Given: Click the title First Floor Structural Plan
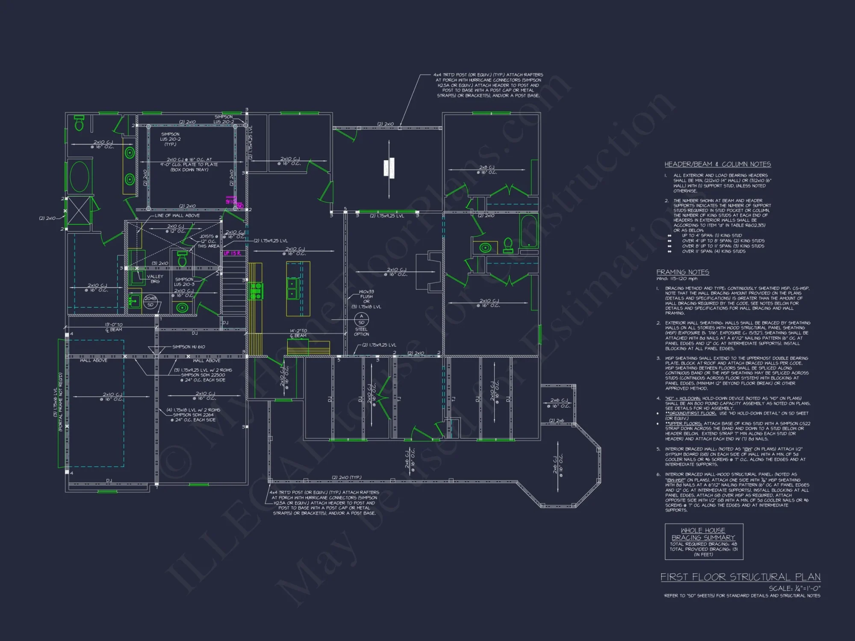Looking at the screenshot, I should click(x=740, y=577).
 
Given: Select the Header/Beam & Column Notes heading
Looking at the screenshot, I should click(x=717, y=164).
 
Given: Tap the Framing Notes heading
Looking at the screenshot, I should click(x=683, y=272).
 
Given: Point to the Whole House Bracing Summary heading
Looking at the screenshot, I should click(x=703, y=534).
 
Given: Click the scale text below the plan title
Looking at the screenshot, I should click(x=795, y=588).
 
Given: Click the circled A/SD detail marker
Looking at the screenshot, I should click(x=361, y=319).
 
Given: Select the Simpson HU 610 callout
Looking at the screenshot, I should click(x=189, y=347).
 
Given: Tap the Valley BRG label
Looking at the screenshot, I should click(x=155, y=279).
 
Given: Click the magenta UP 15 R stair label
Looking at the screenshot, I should click(x=233, y=253).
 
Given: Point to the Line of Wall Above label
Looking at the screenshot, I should click(x=177, y=215).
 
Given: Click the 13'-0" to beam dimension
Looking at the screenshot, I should click(x=114, y=327).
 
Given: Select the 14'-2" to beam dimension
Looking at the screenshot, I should click(x=298, y=333).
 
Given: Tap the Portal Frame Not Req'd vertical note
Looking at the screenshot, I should click(x=60, y=402).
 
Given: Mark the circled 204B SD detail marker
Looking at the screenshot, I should click(x=150, y=301).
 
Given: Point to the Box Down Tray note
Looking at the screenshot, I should click(x=189, y=170).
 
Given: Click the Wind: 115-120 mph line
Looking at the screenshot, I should click(x=677, y=279).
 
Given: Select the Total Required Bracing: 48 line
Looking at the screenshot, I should click(x=703, y=544).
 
